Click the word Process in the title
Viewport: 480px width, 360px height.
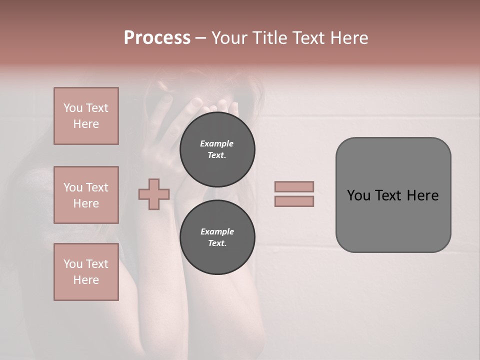point(157,38)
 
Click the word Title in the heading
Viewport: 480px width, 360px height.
point(270,38)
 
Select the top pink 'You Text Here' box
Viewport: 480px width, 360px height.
point(86,116)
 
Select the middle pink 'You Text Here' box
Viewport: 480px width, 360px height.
point(86,195)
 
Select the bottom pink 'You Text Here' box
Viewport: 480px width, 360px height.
point(86,272)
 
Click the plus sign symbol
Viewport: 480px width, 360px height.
point(154,194)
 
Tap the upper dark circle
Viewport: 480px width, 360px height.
point(217,149)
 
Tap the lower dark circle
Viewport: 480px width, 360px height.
point(217,237)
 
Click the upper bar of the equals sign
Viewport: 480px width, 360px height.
point(294,186)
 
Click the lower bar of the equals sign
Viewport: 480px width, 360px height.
point(294,201)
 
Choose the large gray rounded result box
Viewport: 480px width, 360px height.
point(393,195)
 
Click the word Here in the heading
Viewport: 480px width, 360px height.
point(348,38)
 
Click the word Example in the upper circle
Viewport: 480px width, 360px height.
point(217,143)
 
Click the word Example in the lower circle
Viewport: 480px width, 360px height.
point(217,231)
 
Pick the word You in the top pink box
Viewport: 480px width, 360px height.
point(72,108)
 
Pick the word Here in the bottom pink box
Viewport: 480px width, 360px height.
point(86,280)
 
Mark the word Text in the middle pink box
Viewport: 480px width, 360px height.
point(96,187)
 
